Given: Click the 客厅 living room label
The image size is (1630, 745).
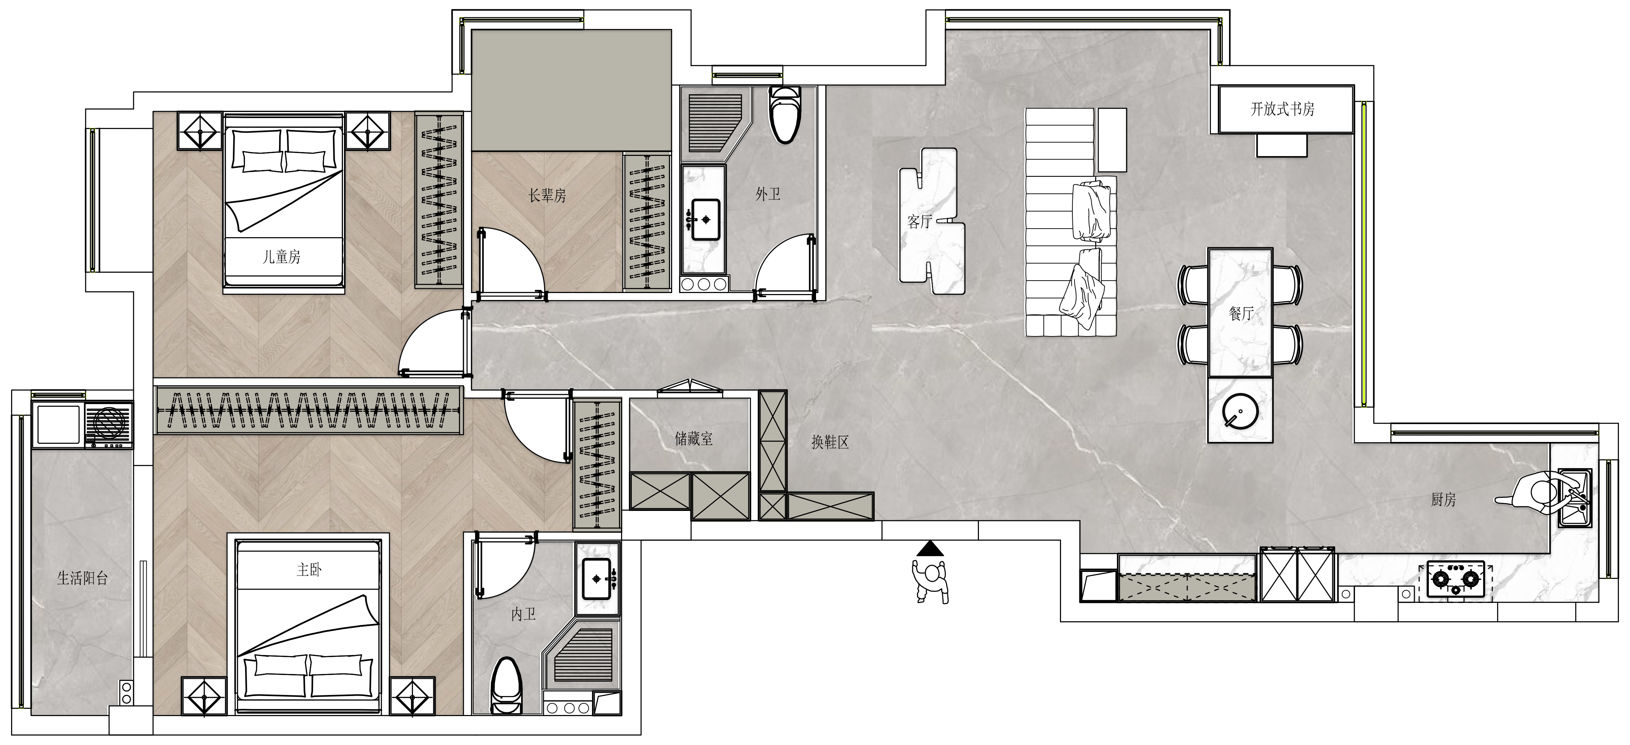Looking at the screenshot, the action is coord(920,221).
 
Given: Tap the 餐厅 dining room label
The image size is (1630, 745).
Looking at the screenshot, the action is coord(1241,314).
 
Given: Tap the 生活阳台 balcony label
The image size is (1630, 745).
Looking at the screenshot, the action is coord(82,578).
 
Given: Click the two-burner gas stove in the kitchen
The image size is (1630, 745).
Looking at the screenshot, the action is coord(1455,579).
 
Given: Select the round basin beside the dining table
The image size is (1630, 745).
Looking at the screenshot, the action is coord(1240,411).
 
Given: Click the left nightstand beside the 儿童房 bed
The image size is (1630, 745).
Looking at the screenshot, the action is coord(200,132).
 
